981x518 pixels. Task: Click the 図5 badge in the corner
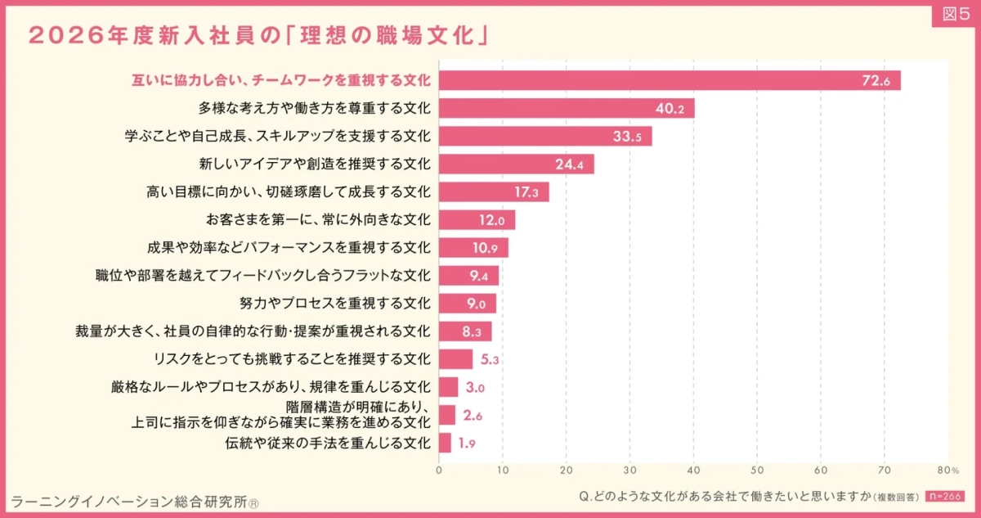tap(953, 16)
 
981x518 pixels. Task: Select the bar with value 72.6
tap(670, 80)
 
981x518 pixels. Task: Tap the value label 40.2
tap(670, 108)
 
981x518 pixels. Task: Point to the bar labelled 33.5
tap(545, 136)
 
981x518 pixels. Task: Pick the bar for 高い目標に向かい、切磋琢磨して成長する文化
tap(494, 192)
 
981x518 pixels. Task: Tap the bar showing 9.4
tap(468, 276)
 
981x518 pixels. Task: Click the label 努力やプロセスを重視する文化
tap(334, 303)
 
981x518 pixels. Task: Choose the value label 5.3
tap(490, 359)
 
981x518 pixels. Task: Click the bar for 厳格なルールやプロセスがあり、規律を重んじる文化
tap(448, 387)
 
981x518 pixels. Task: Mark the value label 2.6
tap(473, 416)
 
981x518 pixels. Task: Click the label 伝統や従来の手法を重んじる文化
tap(327, 444)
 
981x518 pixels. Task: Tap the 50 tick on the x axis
tap(757, 470)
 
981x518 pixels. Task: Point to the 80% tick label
tap(948, 470)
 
